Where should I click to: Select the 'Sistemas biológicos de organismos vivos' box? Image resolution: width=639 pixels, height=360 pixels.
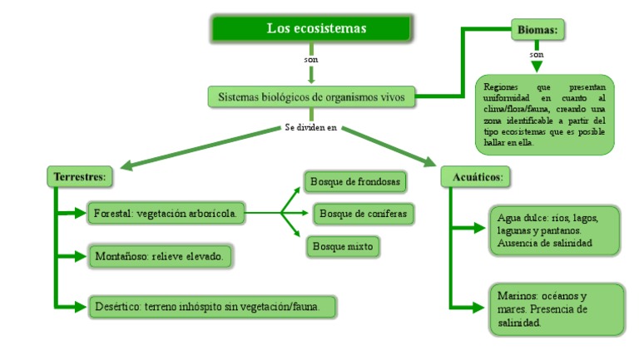coord(311,97)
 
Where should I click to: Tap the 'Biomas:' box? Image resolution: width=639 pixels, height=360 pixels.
coord(537,30)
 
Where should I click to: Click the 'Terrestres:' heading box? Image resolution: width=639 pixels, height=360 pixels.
coord(79,177)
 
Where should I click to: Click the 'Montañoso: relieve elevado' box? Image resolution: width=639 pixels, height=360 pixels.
coord(159,257)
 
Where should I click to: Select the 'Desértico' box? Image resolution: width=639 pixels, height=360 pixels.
coord(213,306)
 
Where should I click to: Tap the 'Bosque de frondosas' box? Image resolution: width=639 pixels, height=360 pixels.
coord(355,181)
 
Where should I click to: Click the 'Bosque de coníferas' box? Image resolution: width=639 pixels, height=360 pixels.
coord(363,214)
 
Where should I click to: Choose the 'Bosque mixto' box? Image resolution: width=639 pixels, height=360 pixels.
coord(344,246)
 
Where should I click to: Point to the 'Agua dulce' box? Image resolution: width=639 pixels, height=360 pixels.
coord(553,229)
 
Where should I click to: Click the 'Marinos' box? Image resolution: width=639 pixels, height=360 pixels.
coord(555,309)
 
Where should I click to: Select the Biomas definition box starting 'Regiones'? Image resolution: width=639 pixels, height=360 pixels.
coord(545,114)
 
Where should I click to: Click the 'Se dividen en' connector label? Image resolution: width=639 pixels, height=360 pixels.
coord(311,128)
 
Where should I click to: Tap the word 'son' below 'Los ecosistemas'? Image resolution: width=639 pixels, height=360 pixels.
coord(311,60)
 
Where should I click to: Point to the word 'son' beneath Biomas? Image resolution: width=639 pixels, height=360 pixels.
coord(537,55)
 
